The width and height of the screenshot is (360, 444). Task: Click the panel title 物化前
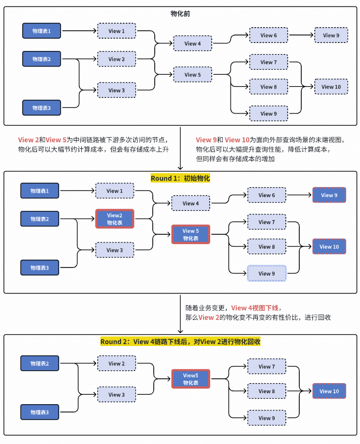pos(180,13)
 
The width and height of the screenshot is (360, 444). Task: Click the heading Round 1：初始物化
pos(180,178)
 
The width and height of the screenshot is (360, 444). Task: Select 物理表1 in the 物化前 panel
pos(41,31)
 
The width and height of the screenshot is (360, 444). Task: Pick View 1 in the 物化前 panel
pos(116,31)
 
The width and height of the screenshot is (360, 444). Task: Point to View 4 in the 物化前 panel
pos(192,43)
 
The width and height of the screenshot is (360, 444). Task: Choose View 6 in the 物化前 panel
pos(269,35)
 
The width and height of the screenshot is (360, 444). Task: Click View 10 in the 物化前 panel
pos(331,87)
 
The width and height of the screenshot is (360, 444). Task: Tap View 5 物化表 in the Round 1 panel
pos(190,235)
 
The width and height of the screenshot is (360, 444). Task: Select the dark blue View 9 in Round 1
pos(329,195)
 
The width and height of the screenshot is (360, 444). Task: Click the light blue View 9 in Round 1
pos(267,273)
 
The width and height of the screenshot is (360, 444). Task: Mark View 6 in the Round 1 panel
pos(267,195)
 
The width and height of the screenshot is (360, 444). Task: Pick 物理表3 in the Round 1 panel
pos(40,268)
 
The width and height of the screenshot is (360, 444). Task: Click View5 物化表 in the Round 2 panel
pos(190,379)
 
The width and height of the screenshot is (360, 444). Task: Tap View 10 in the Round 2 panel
pos(329,391)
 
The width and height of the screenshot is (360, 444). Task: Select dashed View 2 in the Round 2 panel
pos(116,364)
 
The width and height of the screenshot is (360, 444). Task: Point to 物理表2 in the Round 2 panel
pos(40,364)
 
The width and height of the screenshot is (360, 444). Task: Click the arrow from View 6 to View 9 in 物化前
pos(301,35)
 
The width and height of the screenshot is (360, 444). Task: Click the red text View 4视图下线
pos(255,308)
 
